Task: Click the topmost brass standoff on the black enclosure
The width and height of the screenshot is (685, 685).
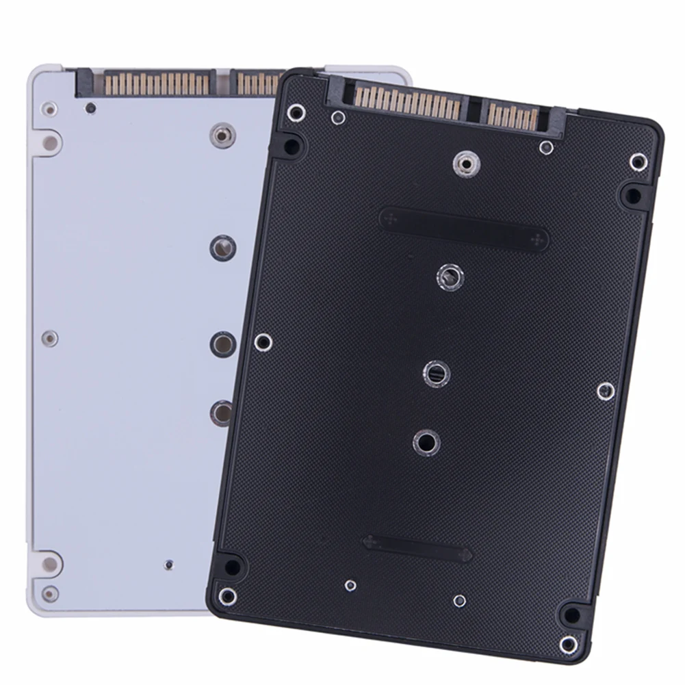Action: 465,163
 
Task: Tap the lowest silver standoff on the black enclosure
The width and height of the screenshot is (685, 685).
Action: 426,443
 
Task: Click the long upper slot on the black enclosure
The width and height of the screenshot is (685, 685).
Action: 463,229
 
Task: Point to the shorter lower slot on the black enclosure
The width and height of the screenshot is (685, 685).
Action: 417,547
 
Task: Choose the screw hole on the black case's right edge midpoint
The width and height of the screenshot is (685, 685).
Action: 605,391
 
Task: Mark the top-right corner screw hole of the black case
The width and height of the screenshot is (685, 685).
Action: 638,162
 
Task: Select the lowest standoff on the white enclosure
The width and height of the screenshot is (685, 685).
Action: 221,412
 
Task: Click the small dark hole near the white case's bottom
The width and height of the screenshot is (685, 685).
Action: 169,565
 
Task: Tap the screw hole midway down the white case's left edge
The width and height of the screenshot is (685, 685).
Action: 49,337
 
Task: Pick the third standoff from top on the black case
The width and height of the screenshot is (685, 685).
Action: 436,373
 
